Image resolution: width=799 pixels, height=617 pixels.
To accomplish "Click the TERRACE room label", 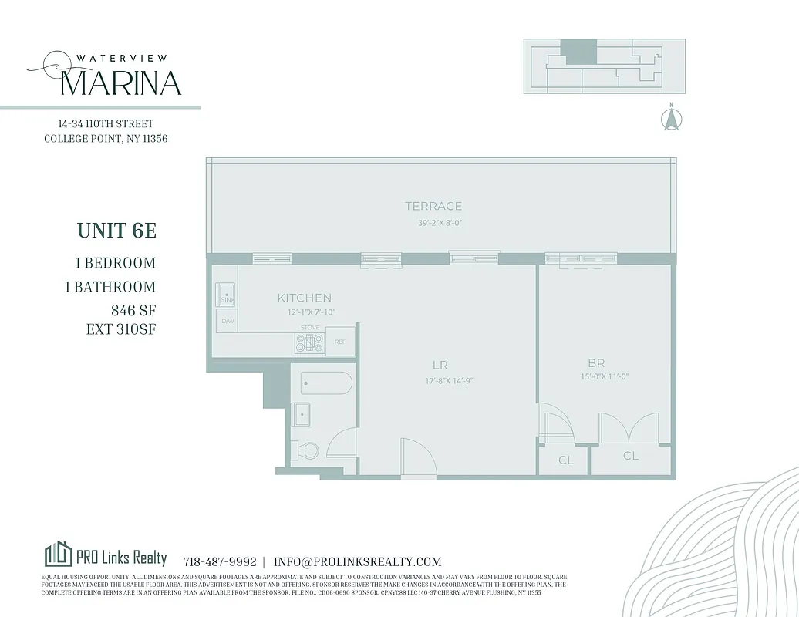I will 433,206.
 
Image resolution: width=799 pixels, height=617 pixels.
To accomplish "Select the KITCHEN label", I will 305,298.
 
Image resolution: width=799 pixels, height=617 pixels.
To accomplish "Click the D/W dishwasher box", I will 228,321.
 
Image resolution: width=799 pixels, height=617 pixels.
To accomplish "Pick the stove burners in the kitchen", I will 309,343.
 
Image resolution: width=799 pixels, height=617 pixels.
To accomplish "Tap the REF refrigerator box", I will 339,342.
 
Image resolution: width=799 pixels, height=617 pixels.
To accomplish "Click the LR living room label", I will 440,365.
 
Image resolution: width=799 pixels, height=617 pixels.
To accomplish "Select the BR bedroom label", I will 595,362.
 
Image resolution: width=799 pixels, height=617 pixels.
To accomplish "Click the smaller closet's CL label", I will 566,460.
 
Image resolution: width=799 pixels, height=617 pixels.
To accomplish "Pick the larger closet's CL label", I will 630,456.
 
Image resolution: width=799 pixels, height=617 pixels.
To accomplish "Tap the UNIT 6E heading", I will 116,231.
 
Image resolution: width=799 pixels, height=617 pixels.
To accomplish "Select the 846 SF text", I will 133,310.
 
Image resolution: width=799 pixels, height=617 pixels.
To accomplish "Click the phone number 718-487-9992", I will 220,562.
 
